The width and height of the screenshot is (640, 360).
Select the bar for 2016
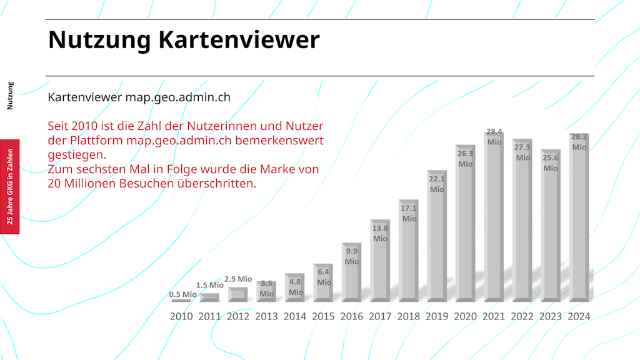351,275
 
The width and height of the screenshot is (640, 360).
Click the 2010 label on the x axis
181,316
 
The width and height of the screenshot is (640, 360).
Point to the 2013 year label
267,316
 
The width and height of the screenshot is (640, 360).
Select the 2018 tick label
409,316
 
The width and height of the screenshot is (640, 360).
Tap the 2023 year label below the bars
551,316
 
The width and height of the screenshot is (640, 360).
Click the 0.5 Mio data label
182,294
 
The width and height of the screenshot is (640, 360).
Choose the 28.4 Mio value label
494,136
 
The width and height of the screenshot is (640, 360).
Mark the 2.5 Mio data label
238,279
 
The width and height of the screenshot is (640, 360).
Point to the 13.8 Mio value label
380,233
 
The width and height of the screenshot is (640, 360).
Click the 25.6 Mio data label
551,163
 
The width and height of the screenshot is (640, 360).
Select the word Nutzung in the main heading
99,40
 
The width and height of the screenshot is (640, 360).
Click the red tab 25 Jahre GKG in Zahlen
9,186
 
